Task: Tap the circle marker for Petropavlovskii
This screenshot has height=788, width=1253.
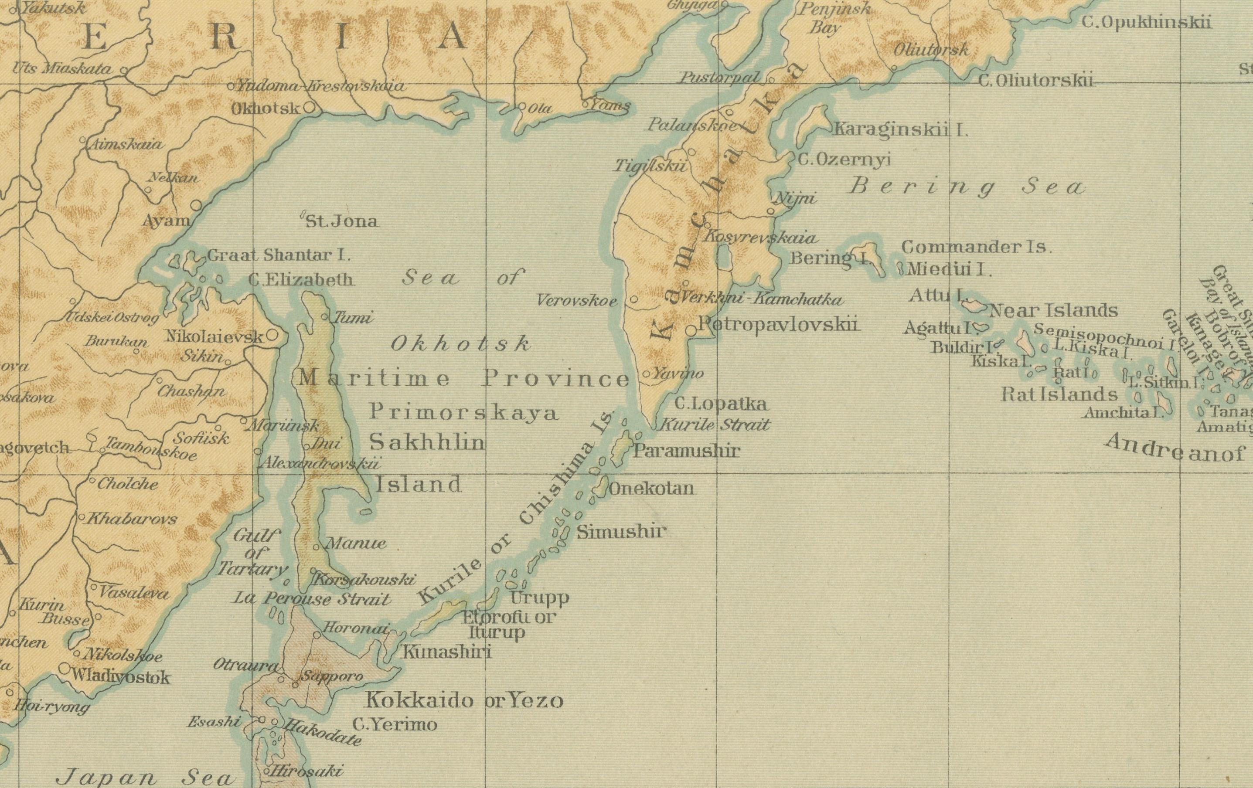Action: [x=691, y=330]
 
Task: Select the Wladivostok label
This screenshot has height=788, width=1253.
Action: [x=120, y=677]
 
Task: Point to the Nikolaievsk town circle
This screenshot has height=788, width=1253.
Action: [x=272, y=336]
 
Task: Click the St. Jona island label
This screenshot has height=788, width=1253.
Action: [x=341, y=221]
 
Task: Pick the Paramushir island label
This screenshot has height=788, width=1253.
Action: [x=686, y=450]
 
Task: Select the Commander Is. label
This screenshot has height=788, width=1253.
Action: [x=976, y=247]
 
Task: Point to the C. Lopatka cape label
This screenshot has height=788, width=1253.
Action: [x=720, y=404]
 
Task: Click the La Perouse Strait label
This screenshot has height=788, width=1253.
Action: [x=311, y=599]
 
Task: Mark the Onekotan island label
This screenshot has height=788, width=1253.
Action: [x=651, y=489]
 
